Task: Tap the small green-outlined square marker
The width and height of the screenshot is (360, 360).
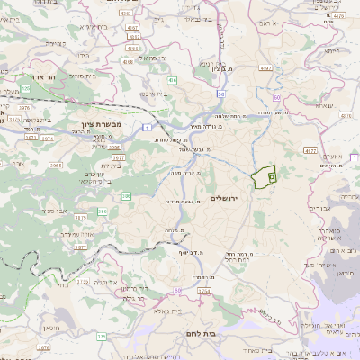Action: [271, 179]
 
